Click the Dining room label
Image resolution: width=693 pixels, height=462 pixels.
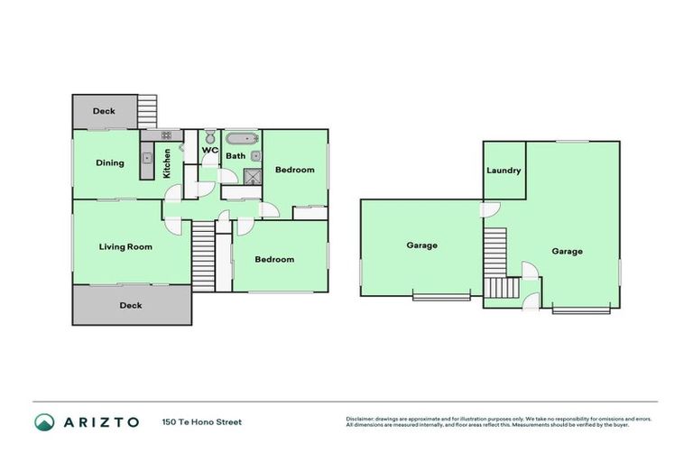pyautogui.click(x=110, y=163)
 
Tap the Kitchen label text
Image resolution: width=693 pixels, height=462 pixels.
pyautogui.click(x=166, y=163)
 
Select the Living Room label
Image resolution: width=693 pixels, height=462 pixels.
pyautogui.click(x=125, y=246)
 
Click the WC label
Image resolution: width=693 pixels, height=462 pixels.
pyautogui.click(x=210, y=150)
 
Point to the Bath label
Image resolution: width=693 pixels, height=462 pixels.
pyautogui.click(x=236, y=156)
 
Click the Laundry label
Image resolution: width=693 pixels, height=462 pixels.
pyautogui.click(x=504, y=171)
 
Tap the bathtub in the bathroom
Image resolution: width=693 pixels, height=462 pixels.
pyautogui.click(x=241, y=139)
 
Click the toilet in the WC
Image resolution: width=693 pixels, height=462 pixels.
pyautogui.click(x=209, y=137)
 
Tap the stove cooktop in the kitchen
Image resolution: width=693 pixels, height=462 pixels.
pyautogui.click(x=166, y=135)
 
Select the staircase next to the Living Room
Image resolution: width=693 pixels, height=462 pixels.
pyautogui.click(x=203, y=256)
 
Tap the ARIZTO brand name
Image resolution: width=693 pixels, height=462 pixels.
pyautogui.click(x=101, y=422)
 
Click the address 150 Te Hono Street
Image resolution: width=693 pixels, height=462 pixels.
pyautogui.click(x=202, y=422)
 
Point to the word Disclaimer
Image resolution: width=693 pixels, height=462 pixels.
pyautogui.click(x=361, y=420)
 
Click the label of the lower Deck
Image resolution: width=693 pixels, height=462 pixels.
pyautogui.click(x=131, y=306)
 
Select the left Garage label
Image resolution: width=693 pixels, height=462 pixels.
pyautogui.click(x=421, y=245)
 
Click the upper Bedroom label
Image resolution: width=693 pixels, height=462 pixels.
pyautogui.click(x=294, y=170)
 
